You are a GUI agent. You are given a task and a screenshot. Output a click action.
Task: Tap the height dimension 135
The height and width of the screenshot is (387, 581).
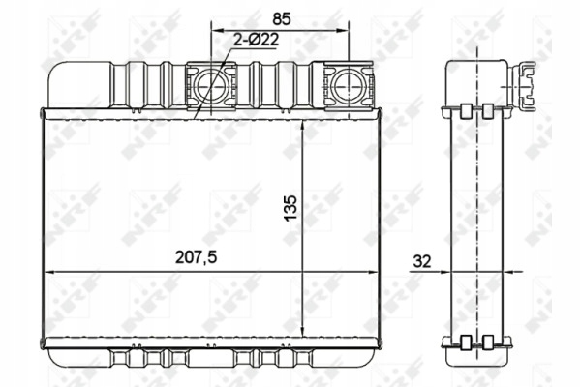pos(291,203)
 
